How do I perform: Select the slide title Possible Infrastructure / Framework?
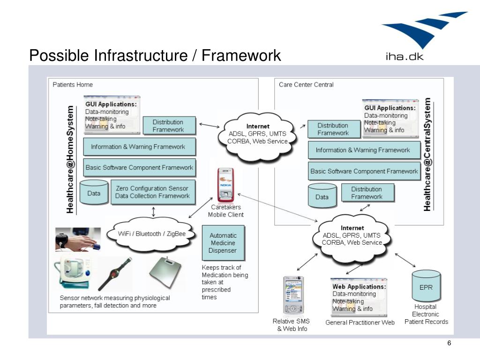(155, 55)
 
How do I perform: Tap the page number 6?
(449, 344)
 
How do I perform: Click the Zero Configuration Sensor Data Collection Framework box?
(152, 192)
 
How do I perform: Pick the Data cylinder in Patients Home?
(94, 192)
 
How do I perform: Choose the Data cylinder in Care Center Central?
(322, 196)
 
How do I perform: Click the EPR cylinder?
(426, 286)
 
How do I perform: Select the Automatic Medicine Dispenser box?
(223, 243)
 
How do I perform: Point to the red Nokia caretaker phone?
(225, 184)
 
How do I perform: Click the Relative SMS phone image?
(292, 295)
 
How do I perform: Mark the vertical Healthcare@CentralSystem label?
(427, 155)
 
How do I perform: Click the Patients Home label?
(73, 85)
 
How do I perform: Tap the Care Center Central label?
(306, 85)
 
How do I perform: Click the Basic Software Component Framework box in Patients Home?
(139, 167)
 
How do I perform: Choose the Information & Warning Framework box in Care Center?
(362, 150)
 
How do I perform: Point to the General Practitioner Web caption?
(360, 322)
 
